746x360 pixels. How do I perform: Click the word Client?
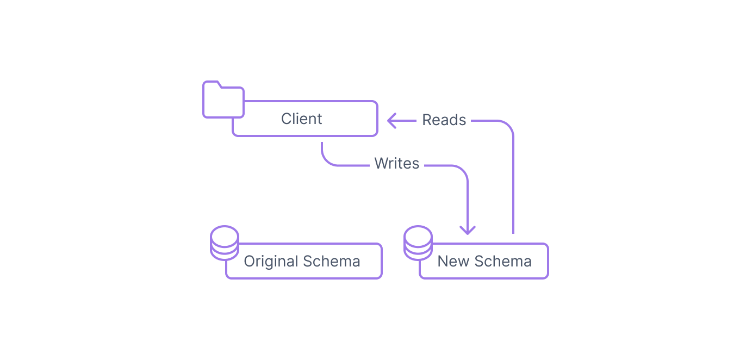click(x=301, y=119)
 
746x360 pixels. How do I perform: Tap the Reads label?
click(x=444, y=120)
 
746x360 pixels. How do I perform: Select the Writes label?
click(x=396, y=164)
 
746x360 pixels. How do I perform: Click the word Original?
click(x=271, y=262)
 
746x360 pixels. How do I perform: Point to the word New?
click(x=453, y=261)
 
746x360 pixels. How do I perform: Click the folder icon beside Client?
click(x=223, y=99)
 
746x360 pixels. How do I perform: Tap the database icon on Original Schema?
click(x=225, y=243)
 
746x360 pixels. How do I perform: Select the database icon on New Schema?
click(x=418, y=243)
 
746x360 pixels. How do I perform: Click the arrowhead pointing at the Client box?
click(x=391, y=121)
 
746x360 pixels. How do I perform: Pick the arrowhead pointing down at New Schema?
click(x=468, y=231)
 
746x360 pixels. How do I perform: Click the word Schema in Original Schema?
click(x=332, y=261)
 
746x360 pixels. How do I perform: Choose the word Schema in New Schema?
click(x=503, y=261)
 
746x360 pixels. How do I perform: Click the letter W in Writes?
click(x=381, y=164)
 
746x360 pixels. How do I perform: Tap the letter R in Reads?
click(x=427, y=120)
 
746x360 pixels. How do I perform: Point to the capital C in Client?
click(x=287, y=119)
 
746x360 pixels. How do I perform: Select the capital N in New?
click(x=443, y=262)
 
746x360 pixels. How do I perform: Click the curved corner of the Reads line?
click(x=508, y=126)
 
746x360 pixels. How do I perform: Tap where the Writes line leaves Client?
click(x=322, y=143)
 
